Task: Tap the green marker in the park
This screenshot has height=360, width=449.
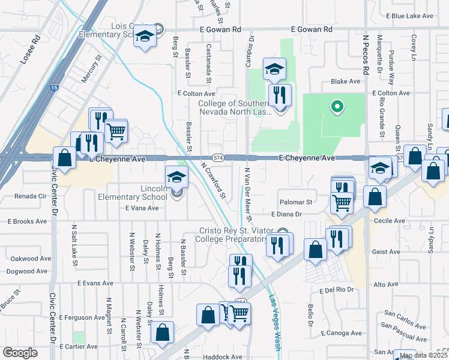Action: click(x=337, y=107)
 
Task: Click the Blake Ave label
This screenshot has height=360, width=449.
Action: click(x=345, y=82)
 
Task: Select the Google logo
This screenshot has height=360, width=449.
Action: click(x=20, y=353)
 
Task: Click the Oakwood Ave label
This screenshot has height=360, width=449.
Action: click(x=28, y=259)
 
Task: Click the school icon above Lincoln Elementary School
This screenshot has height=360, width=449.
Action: click(x=177, y=176)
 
